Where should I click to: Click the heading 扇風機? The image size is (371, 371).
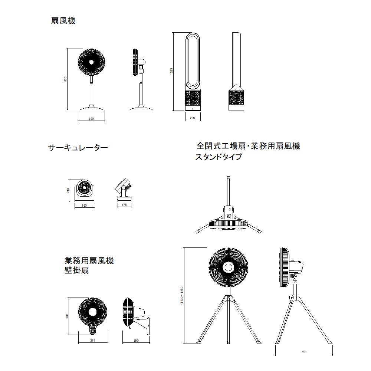pyautogui.click(x=63, y=21)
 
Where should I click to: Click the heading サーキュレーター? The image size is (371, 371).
pyautogui.click(x=78, y=148)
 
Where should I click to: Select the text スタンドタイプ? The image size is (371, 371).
pyautogui.click(x=219, y=157)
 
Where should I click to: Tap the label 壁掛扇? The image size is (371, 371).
pyautogui.click(x=77, y=270)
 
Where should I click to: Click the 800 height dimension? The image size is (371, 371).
pyautogui.click(x=65, y=79)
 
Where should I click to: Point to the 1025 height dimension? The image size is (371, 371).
pyautogui.click(x=171, y=71)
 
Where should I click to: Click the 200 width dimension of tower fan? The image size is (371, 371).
pyautogui.click(x=192, y=118)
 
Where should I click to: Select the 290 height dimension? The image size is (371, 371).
pyautogui.click(x=68, y=191)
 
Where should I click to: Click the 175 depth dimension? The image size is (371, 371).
pyautogui.click(x=124, y=205)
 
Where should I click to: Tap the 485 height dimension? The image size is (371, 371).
pyautogui.click(x=67, y=316)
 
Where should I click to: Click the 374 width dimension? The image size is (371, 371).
pyautogui.click(x=92, y=341)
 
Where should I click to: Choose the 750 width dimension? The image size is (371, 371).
pyautogui.click(x=304, y=352)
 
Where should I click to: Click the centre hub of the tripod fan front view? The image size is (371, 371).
pyautogui.click(x=228, y=267)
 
